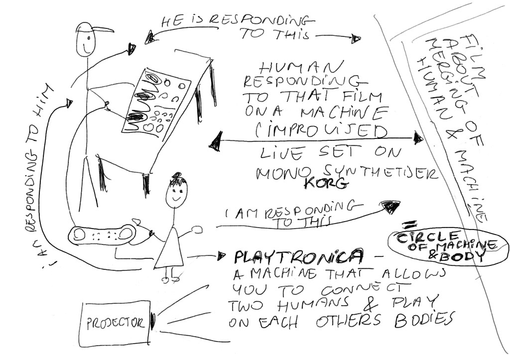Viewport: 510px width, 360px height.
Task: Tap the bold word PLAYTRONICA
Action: [x=298, y=257]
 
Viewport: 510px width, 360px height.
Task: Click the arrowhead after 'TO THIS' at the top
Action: [x=356, y=38]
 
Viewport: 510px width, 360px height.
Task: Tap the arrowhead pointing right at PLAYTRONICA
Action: [x=222, y=257]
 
